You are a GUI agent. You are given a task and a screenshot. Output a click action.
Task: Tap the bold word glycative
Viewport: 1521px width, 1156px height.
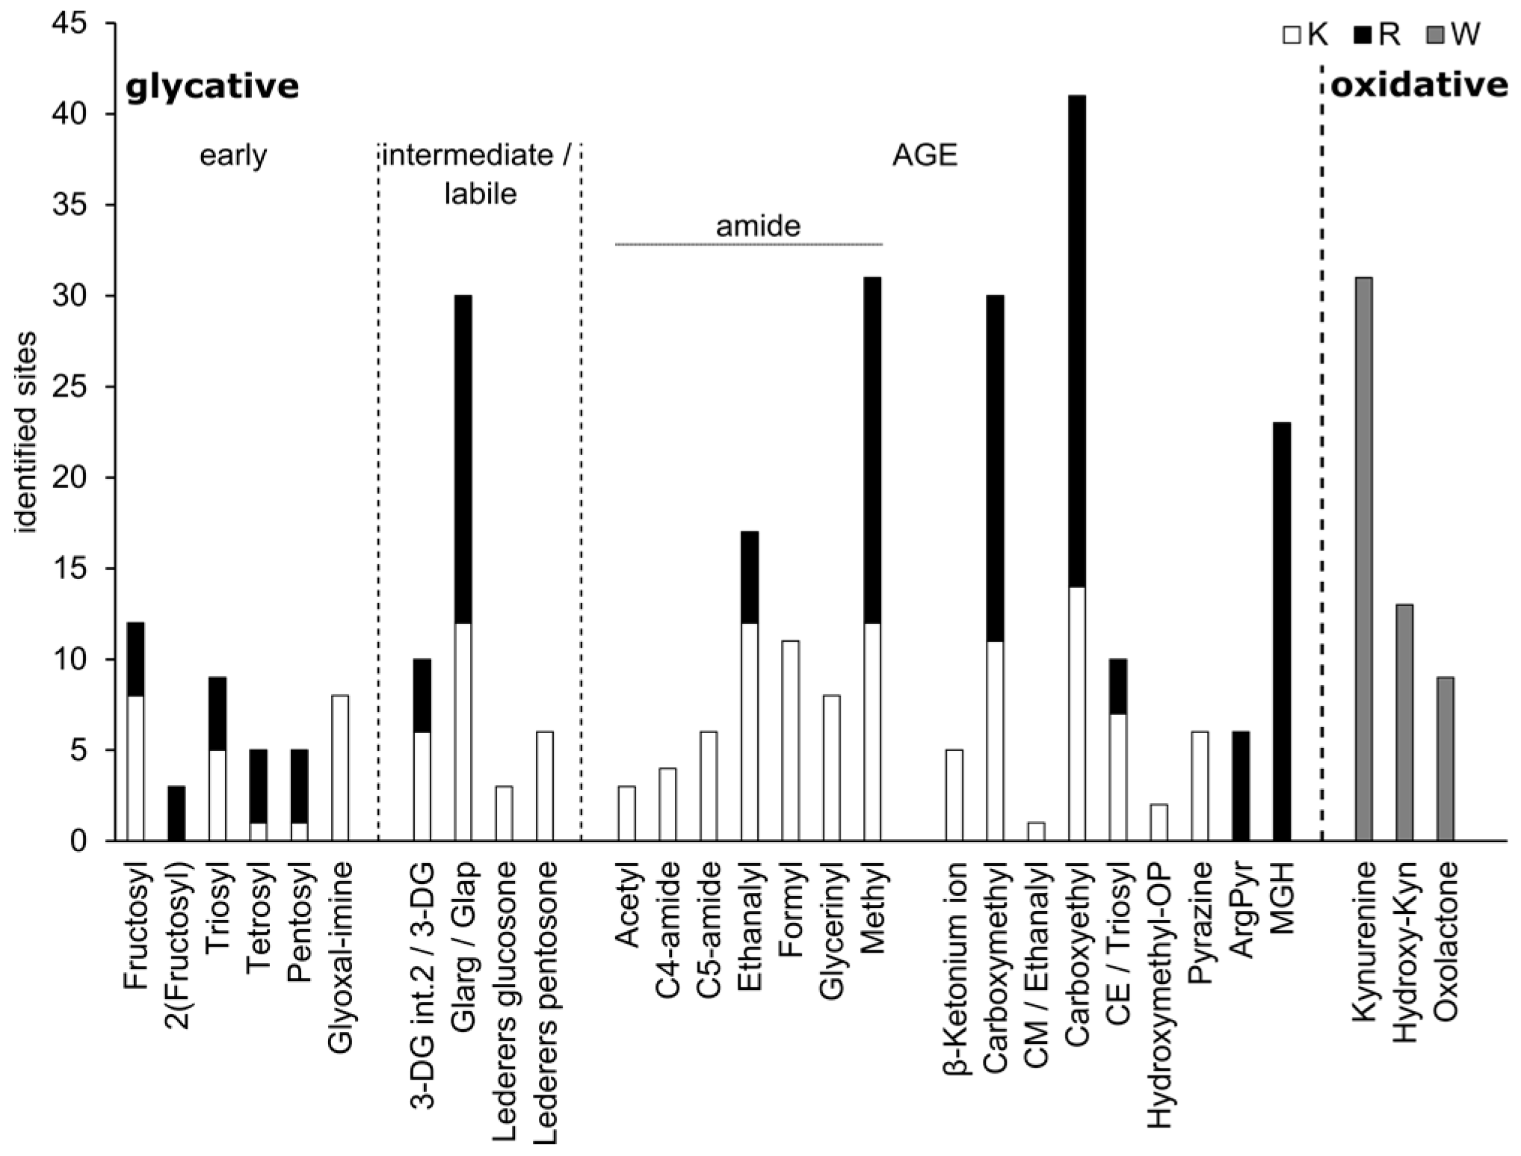[212, 87]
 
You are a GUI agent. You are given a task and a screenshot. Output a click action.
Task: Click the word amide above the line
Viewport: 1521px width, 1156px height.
[758, 226]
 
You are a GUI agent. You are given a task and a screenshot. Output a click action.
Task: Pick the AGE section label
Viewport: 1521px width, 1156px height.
[925, 156]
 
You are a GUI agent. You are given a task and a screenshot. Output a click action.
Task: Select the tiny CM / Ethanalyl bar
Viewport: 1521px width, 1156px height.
[1036, 832]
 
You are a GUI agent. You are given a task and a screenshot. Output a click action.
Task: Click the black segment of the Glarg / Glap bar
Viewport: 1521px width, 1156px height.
[463, 459]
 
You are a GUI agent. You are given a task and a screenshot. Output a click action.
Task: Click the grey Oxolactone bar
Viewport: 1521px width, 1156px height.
[1445, 758]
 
